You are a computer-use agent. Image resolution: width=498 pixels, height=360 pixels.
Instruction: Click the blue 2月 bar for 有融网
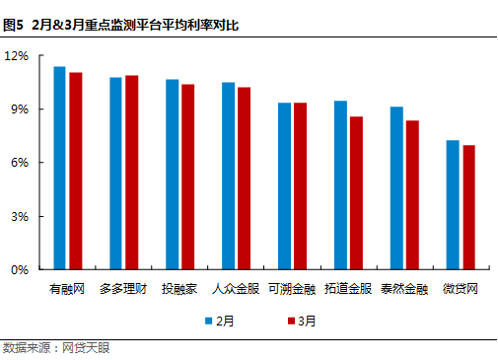tap(59, 168)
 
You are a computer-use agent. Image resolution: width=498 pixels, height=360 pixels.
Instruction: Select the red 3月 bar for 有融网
tap(76, 171)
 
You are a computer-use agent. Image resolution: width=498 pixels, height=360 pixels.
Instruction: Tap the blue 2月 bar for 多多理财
tap(115, 174)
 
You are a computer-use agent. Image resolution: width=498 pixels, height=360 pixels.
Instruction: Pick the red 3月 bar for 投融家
tap(188, 177)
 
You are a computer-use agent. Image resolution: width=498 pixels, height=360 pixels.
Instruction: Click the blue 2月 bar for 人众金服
tap(228, 176)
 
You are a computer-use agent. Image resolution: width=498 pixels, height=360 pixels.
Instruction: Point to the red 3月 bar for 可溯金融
tap(301, 185)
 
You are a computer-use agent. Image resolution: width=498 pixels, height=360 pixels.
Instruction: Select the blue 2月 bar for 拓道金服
tap(340, 184)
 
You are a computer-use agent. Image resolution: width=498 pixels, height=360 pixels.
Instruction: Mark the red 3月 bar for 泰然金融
tap(412, 194)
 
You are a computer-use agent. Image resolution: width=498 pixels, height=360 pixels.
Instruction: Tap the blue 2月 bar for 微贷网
tap(453, 204)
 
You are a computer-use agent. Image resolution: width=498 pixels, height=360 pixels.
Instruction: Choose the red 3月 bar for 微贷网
tap(469, 207)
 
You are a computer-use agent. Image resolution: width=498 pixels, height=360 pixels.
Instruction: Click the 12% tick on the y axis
tap(19, 55)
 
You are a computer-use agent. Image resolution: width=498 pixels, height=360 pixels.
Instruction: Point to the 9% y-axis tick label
tap(22, 108)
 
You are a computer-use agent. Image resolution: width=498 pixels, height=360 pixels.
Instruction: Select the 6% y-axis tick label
tap(22, 162)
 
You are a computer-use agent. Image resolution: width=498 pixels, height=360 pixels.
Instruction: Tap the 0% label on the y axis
tap(22, 269)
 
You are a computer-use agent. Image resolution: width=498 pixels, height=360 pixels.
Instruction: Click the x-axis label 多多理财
tap(123, 289)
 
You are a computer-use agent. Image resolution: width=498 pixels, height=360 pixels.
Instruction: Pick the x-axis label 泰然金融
tap(404, 289)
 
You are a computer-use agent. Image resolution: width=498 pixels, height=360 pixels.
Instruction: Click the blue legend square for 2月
tap(209, 320)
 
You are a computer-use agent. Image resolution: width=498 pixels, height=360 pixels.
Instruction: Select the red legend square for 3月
tap(291, 320)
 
